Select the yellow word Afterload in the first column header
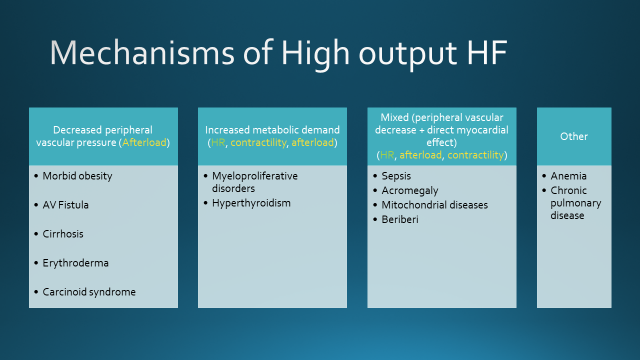point(144,142)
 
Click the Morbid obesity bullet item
point(77,176)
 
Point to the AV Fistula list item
point(65,205)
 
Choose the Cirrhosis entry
point(63,234)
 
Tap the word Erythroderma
point(75,263)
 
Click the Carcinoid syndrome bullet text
point(89,292)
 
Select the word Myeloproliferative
point(255,176)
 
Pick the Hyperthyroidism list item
point(251,203)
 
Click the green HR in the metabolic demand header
point(218,142)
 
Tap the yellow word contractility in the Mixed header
point(475,155)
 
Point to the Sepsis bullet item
point(396,176)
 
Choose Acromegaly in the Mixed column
point(409,190)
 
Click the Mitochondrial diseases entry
point(434,205)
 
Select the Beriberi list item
point(399,219)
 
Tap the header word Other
point(574,136)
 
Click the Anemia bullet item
point(568,176)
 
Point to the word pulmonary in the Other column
point(576,203)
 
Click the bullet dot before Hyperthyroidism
point(205,203)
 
